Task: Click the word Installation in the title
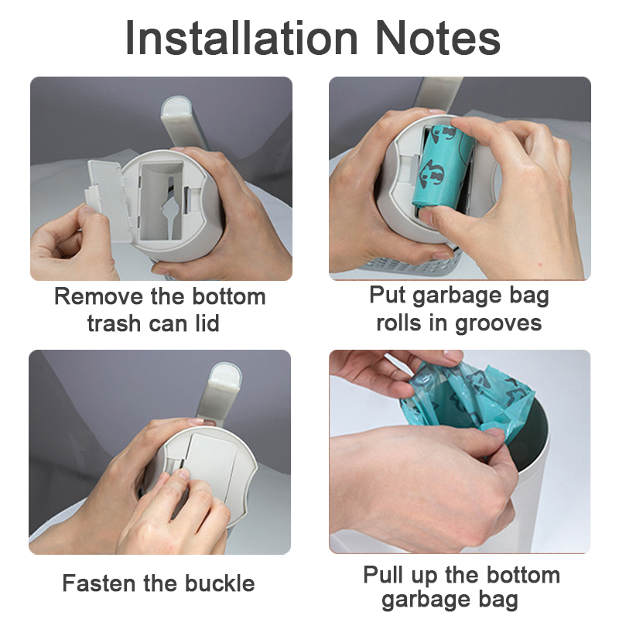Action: (241, 38)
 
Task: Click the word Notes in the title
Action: (438, 38)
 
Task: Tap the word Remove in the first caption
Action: (99, 296)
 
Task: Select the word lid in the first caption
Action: (207, 323)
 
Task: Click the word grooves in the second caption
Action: (498, 323)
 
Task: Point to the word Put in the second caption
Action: (388, 295)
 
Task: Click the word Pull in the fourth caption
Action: (383, 574)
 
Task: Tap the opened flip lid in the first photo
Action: (107, 200)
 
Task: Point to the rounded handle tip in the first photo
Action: (176, 108)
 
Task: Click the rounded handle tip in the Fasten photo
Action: (225, 375)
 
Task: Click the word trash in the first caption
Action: (114, 323)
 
